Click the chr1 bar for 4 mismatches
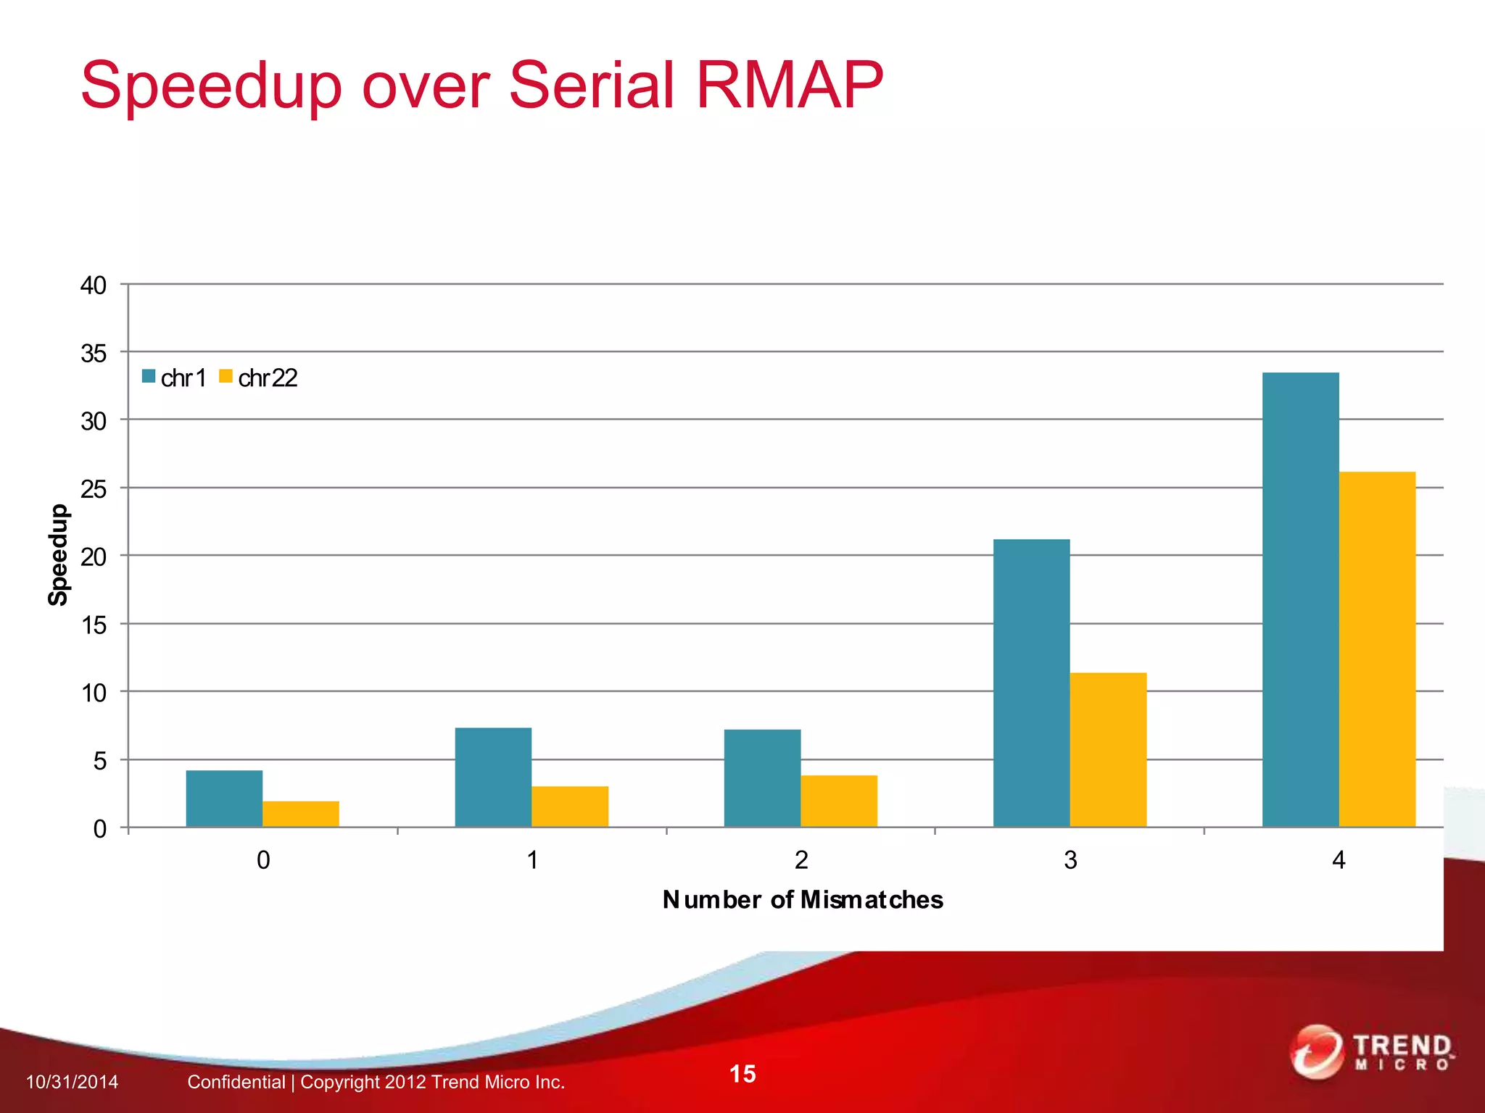[x=1300, y=599]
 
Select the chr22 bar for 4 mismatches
[x=1377, y=649]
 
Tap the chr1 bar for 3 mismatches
[x=1031, y=683]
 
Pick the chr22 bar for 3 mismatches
[x=1108, y=749]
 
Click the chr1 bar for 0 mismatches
[x=224, y=798]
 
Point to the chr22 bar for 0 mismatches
[x=300, y=814]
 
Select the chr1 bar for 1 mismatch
[x=493, y=777]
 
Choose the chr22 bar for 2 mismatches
[x=839, y=801]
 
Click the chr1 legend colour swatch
[x=149, y=376]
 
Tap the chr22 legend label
[x=268, y=378]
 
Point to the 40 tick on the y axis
[x=93, y=285]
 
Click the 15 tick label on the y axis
[x=93, y=625]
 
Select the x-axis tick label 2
[x=801, y=860]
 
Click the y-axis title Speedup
[x=58, y=554]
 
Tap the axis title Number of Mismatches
[x=803, y=899]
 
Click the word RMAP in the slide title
[x=789, y=86]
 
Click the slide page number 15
[x=742, y=1074]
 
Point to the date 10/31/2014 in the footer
[x=72, y=1082]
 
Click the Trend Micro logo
[x=1372, y=1052]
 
